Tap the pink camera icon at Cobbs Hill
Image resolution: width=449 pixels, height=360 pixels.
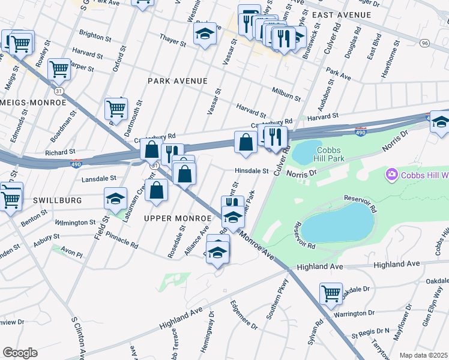click(392, 174)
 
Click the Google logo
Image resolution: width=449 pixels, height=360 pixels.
click(19, 353)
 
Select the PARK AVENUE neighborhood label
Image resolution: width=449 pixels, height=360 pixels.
click(178, 80)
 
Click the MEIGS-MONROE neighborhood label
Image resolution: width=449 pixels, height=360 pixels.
click(33, 103)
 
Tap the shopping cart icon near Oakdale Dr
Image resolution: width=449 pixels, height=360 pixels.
click(331, 293)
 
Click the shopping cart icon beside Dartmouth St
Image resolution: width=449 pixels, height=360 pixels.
click(116, 109)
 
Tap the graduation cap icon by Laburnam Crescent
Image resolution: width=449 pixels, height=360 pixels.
click(116, 199)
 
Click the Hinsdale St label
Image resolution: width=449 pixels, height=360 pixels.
click(252, 171)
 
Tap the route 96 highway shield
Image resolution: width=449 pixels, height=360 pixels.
click(424, 43)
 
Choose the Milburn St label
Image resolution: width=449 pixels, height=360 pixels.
click(286, 94)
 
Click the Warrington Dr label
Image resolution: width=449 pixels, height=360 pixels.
click(354, 314)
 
